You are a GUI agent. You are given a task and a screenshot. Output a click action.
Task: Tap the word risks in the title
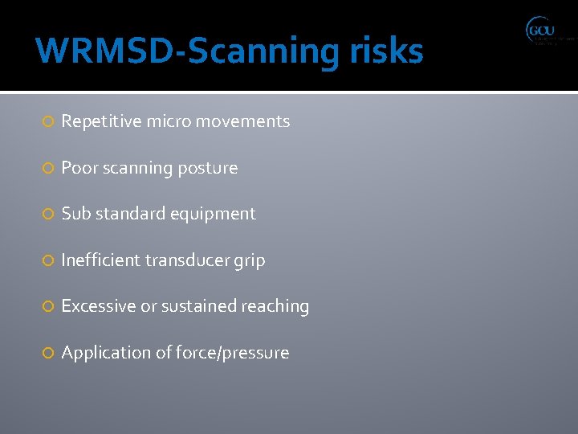point(386,51)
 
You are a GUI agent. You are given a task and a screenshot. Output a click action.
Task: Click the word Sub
point(76,214)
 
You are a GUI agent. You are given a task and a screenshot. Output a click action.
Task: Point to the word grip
point(250,261)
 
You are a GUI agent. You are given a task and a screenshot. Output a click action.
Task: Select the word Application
point(103,353)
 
